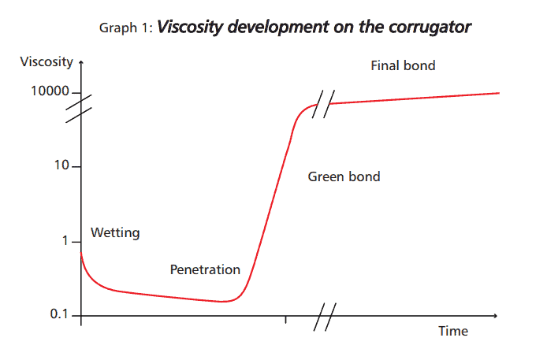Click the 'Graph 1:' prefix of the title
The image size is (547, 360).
click(126, 28)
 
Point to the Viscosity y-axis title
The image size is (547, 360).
click(47, 61)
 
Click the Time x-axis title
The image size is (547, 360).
click(453, 331)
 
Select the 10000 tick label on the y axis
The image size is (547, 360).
click(50, 92)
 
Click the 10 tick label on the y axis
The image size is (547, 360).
click(61, 168)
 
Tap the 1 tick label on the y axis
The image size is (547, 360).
click(65, 241)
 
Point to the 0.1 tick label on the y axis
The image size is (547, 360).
click(59, 314)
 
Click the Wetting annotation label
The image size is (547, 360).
click(115, 232)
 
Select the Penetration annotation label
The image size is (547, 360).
click(205, 269)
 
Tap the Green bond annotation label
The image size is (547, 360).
click(344, 176)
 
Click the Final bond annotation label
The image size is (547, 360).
click(403, 66)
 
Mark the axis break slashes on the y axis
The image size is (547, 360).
click(81, 109)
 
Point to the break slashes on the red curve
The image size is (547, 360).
click(321, 106)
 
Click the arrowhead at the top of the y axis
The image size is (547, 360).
click(81, 60)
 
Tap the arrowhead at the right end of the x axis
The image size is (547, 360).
click(497, 315)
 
